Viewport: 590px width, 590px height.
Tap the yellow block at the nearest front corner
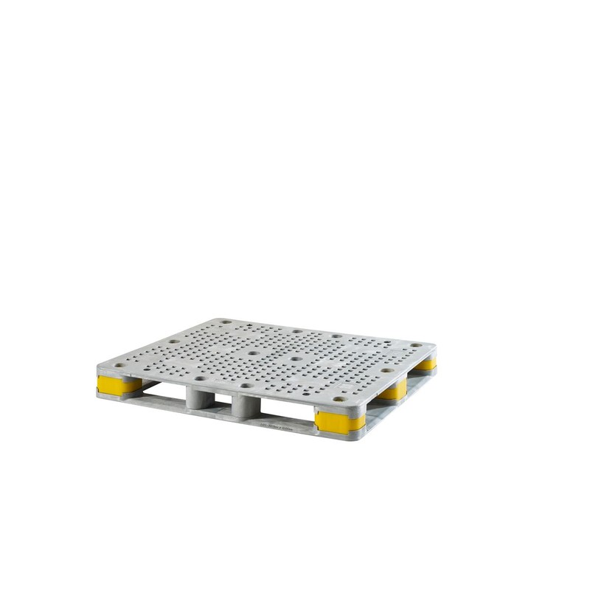point(338,420)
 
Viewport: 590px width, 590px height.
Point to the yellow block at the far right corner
point(426,364)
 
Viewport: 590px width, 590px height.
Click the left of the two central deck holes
point(254,353)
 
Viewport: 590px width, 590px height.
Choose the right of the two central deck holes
point(296,358)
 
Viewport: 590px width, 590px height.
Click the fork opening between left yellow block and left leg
point(163,392)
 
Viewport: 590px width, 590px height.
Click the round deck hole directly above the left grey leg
point(199,378)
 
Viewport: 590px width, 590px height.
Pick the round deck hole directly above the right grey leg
point(244,385)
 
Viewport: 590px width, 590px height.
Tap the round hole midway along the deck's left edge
point(174,341)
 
